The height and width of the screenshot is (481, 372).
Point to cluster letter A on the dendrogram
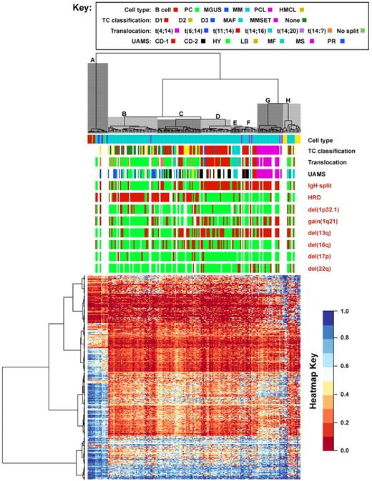click(92, 61)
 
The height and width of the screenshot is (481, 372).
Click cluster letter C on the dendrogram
click(181, 114)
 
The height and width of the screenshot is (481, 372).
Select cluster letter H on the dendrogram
click(288, 100)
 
